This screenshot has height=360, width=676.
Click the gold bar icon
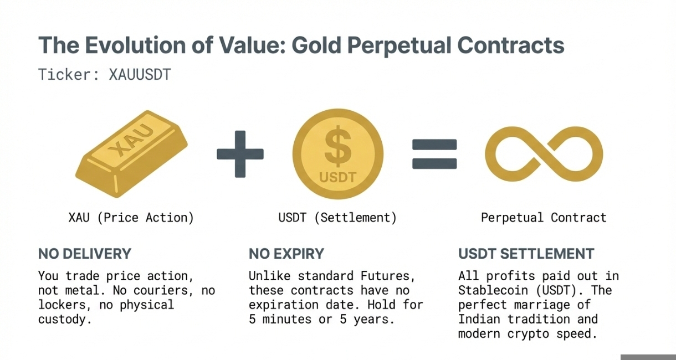[x=131, y=154]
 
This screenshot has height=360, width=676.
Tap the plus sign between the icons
[x=240, y=154]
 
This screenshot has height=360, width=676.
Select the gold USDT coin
[x=338, y=153]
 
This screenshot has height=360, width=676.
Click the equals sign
[x=434, y=154]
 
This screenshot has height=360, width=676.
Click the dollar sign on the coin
[x=338, y=146]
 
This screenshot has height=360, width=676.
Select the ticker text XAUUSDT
[x=140, y=75]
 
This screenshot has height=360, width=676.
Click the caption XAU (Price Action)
[x=131, y=218]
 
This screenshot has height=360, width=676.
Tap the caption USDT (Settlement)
[x=337, y=218]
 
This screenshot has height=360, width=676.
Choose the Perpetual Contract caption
[x=544, y=218]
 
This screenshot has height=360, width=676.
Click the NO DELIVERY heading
[x=85, y=254]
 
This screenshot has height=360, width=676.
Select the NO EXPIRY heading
[x=286, y=254]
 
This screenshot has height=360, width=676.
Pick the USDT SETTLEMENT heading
[x=526, y=254]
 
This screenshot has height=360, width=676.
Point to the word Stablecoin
[x=493, y=290]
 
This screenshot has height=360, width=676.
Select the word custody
[x=65, y=320]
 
